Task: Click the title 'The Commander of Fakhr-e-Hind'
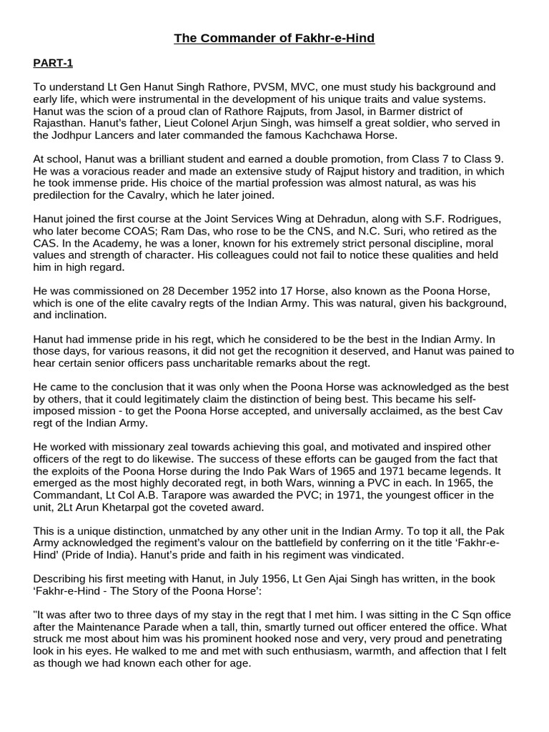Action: click(x=274, y=38)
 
